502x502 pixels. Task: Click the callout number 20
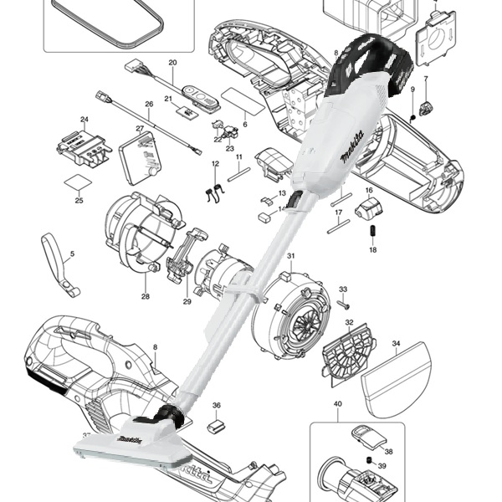(172, 63)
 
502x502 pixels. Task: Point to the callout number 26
(149, 105)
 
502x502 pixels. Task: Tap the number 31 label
(290, 256)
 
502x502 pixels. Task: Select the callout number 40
(338, 404)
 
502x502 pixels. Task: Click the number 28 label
(146, 297)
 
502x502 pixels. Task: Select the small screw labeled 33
(343, 305)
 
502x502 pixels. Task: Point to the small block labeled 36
(216, 425)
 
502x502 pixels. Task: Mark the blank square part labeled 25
(78, 183)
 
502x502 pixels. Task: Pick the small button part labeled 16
(371, 206)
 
